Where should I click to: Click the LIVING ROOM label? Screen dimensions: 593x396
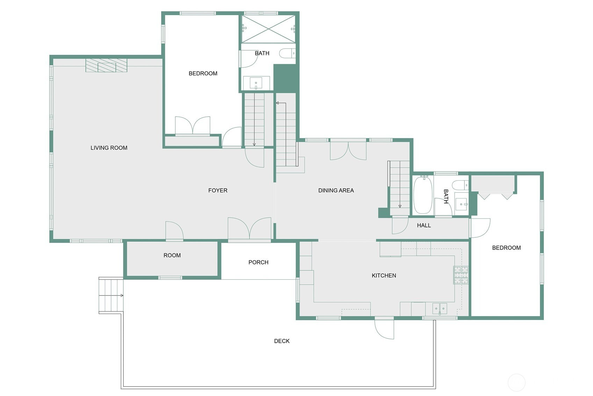click(109, 148)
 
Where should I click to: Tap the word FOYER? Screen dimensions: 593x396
click(218, 190)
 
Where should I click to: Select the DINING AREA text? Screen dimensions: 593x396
click(336, 190)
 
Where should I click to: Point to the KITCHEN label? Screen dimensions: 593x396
click(384, 275)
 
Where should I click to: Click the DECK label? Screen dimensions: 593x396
click(282, 341)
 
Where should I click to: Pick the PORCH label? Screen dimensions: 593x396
click(258, 262)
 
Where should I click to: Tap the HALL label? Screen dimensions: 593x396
click(424, 225)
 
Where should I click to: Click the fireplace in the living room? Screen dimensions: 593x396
click(107, 65)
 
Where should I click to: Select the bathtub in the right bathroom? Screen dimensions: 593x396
click(423, 195)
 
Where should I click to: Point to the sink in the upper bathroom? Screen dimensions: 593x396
click(256, 83)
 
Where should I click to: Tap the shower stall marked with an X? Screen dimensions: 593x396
click(268, 29)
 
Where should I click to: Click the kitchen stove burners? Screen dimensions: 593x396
click(461, 275)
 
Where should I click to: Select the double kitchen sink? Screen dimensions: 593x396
click(440, 309)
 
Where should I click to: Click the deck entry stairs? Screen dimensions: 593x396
click(111, 295)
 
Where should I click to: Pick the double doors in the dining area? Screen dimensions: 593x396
click(348, 151)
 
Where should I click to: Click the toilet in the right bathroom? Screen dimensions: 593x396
click(460, 185)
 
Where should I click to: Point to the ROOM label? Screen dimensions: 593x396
click(172, 255)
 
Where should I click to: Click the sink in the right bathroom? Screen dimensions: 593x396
click(461, 204)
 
